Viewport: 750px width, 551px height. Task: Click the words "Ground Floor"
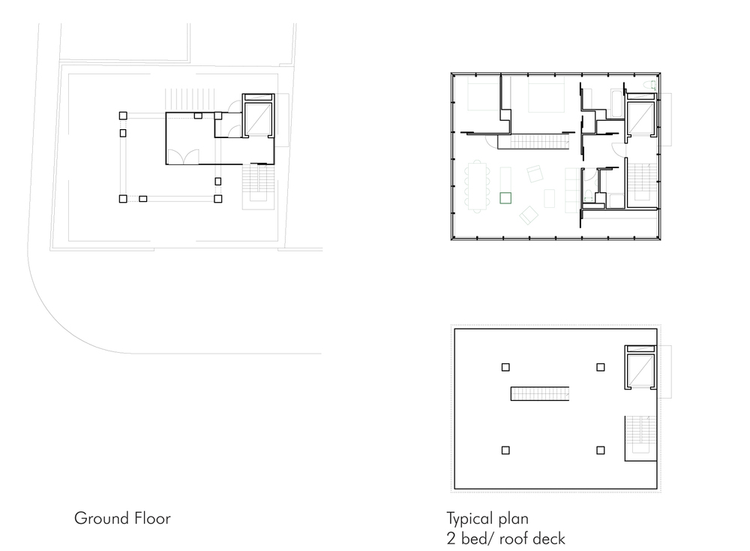122,519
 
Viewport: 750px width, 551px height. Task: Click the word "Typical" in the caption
470,519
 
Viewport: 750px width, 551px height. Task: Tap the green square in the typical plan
505,197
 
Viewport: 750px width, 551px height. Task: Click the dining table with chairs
477,186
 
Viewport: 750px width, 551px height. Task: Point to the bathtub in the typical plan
616,104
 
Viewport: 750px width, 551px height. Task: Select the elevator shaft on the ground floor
259,116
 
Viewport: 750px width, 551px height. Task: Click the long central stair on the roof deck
540,393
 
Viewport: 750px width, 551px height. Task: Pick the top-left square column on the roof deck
505,367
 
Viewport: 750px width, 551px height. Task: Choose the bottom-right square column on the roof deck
600,450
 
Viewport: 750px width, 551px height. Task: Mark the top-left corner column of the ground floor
123,116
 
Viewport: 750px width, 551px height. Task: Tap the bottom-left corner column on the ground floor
123,199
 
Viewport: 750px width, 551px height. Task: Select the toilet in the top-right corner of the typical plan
650,86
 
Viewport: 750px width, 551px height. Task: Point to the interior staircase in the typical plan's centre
534,142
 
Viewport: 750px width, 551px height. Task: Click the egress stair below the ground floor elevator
258,186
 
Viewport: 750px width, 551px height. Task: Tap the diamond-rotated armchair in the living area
529,215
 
